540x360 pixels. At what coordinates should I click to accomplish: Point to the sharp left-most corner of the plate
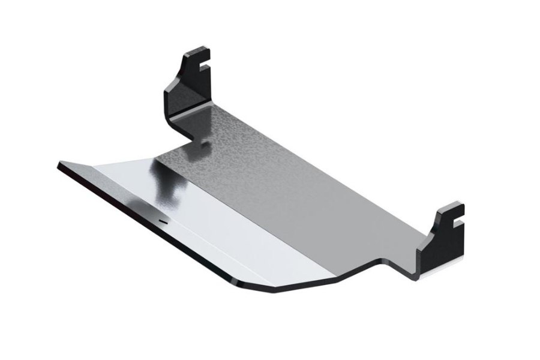58,164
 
